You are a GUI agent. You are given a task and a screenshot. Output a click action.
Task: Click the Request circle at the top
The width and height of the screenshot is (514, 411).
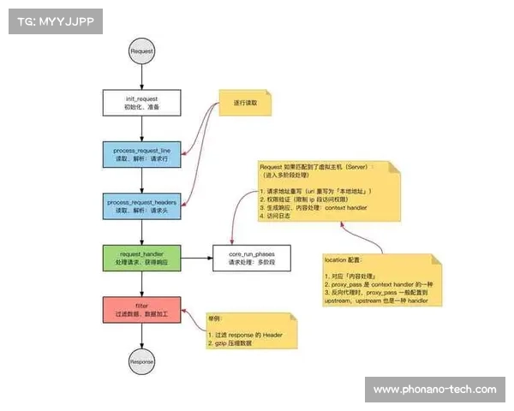point(141,51)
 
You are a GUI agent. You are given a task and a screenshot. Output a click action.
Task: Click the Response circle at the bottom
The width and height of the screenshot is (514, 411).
point(141,360)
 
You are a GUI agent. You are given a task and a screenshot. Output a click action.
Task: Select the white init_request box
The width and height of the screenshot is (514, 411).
point(142,104)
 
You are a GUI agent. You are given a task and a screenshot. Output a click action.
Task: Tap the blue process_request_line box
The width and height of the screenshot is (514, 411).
point(142,155)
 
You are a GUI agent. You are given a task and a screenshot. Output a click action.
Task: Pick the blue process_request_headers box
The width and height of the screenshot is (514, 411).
point(142,205)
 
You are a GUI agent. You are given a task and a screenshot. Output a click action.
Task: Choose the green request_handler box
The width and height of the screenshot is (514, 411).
point(142,257)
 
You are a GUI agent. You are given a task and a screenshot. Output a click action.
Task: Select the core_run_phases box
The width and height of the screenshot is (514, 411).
point(251,257)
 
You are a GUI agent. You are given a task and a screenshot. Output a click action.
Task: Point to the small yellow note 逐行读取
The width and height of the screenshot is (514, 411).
point(245,103)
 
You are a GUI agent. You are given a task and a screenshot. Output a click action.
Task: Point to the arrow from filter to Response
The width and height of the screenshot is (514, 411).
point(141,335)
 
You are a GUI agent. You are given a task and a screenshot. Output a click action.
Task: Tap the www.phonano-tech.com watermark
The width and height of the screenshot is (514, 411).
point(434,390)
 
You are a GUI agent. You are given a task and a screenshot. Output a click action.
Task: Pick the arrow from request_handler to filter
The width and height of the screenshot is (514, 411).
point(141,283)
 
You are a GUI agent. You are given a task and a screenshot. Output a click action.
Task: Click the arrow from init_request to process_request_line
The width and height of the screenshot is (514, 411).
point(141,128)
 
